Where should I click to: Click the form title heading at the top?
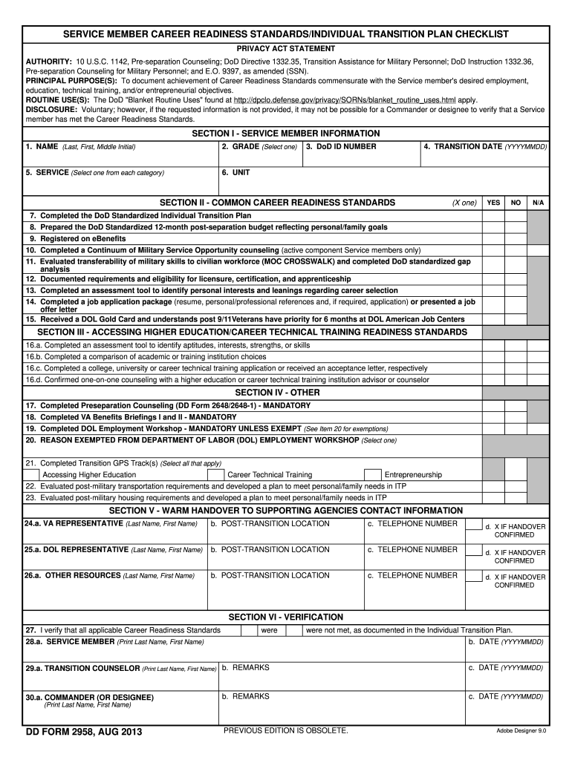point(285,34)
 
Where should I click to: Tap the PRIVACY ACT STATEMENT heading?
point(285,48)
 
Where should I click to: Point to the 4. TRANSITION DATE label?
point(485,147)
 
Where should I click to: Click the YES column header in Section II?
point(493,203)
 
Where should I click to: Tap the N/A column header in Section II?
point(538,203)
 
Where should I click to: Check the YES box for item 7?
point(493,215)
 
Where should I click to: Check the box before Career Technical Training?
point(215,475)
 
